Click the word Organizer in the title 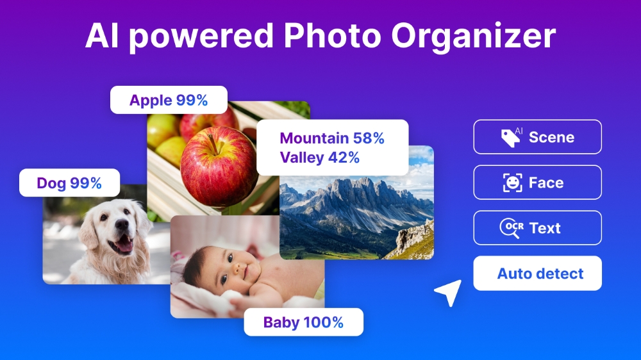(x=473, y=38)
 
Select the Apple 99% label (x=169, y=100)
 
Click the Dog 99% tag (x=69, y=183)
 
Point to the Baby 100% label (x=303, y=322)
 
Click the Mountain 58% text (x=332, y=138)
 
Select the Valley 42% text (x=319, y=157)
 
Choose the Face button (x=537, y=183)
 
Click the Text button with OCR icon (x=537, y=228)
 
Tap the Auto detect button (x=537, y=274)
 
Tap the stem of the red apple (x=212, y=142)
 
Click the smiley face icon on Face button (x=512, y=183)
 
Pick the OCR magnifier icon (x=511, y=228)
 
